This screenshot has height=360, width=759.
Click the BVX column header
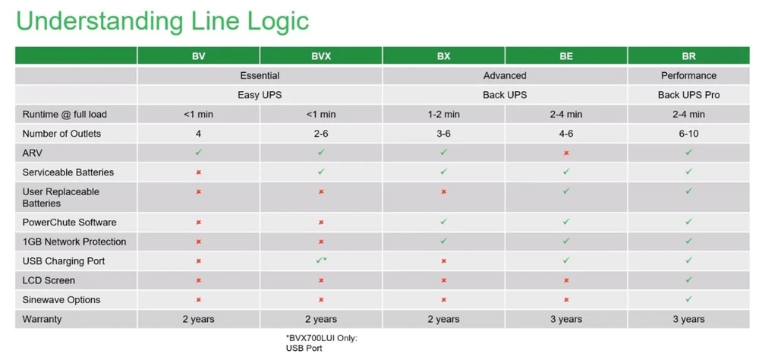point(321,56)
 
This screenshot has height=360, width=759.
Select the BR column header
point(688,56)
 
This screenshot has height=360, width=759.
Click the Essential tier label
point(260,76)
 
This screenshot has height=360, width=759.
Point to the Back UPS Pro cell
point(688,95)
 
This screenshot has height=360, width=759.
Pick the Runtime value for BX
point(443,115)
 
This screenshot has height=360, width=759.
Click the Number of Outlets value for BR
point(688,134)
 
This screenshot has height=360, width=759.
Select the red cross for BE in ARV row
point(566,153)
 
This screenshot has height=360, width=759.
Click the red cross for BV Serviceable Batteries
point(198,172)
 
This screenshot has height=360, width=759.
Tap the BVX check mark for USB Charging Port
point(320,261)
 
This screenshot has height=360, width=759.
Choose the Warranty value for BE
point(566,319)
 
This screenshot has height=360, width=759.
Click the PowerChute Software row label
point(69,223)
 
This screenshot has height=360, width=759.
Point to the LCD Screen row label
point(48,280)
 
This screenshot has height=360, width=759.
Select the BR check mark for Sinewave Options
point(688,299)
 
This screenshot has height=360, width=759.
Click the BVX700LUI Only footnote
point(321,343)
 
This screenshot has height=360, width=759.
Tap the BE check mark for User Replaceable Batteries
point(566,191)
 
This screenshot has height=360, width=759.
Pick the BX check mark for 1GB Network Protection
point(443,241)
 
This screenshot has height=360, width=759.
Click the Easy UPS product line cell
point(260,95)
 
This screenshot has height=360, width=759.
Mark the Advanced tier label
point(505,76)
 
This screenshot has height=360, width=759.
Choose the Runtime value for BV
point(198,115)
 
